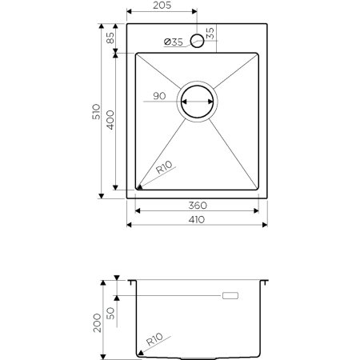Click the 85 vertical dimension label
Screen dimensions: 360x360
[109, 38]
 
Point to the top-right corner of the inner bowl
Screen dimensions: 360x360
[258, 54]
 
